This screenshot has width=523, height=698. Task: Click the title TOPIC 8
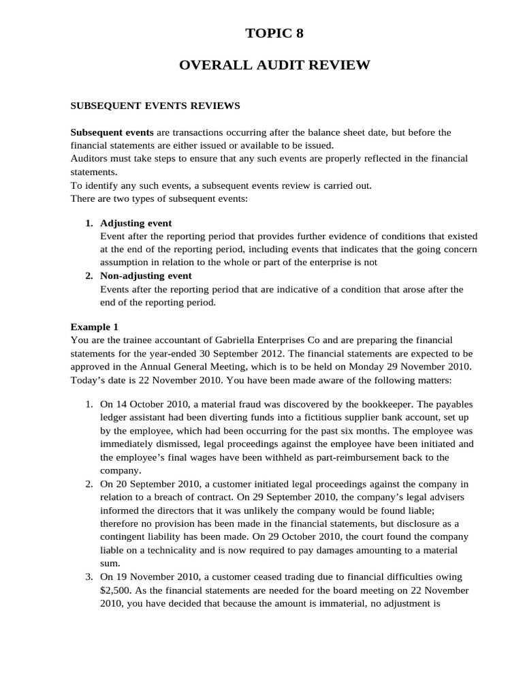pos(274,34)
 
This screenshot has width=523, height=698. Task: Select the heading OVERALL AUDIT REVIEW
pos(274,65)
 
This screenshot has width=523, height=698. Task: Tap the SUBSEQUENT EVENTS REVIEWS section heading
pos(155,106)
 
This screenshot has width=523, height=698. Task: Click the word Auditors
pos(91,158)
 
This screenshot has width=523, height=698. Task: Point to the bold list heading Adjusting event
pos(136,223)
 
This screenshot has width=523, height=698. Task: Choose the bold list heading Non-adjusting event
pos(146,275)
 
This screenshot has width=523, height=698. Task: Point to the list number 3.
pos(89,576)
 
